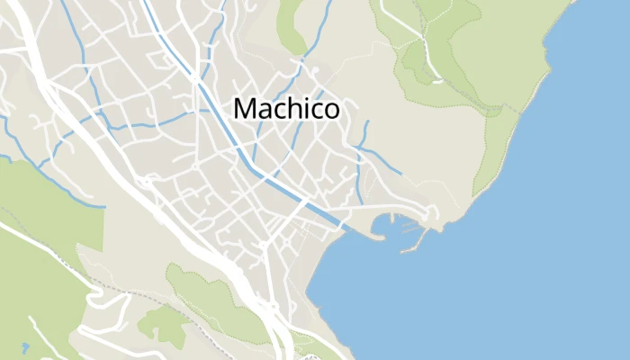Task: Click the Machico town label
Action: [x=286, y=109]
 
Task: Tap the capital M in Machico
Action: [x=243, y=109]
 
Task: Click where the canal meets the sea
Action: [x=345, y=226]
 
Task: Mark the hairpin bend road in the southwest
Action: [x=94, y=287]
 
